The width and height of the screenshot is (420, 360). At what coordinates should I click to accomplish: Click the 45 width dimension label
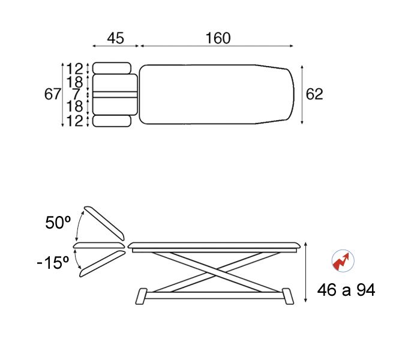(x=115, y=38)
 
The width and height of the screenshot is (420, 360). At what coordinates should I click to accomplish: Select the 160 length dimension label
(x=217, y=38)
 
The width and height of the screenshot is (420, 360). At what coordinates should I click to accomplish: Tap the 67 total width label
(x=53, y=94)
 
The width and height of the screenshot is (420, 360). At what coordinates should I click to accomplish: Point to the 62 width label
(x=314, y=94)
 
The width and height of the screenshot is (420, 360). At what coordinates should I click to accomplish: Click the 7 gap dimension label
(x=76, y=94)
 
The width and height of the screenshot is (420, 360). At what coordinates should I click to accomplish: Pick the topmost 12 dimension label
(x=75, y=68)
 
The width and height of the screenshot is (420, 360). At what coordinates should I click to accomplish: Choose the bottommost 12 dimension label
(x=75, y=121)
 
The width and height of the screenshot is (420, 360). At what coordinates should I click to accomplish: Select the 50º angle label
(x=58, y=223)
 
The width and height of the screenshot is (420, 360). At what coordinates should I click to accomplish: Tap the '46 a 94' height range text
(x=346, y=290)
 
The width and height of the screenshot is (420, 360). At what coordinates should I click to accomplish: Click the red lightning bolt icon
(x=343, y=262)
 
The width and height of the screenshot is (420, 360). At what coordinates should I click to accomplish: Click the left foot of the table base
(x=142, y=296)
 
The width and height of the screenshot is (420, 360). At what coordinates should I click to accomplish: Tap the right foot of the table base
(x=287, y=296)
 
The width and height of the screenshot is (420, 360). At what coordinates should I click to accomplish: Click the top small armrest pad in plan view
(x=112, y=68)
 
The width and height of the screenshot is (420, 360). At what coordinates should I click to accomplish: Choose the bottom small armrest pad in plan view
(x=112, y=121)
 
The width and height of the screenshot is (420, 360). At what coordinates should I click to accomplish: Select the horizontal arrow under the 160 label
(x=216, y=46)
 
